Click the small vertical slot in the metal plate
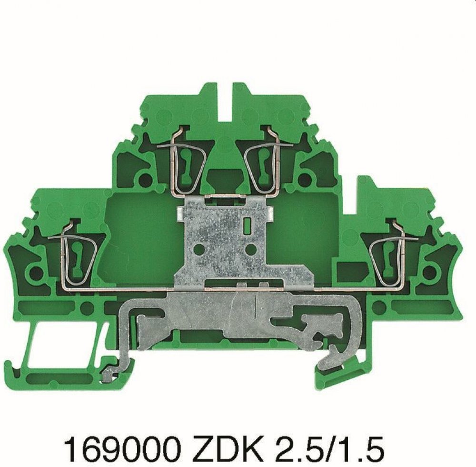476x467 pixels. pos(246,225)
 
